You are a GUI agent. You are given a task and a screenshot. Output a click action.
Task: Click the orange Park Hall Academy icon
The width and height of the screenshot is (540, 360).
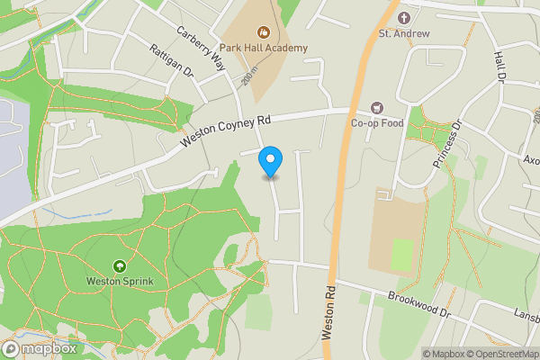pos(263,33)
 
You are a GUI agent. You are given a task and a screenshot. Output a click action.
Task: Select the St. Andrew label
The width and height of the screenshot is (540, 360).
pos(404,33)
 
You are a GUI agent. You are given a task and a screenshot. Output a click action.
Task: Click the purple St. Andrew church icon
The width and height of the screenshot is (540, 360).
pos(404,18)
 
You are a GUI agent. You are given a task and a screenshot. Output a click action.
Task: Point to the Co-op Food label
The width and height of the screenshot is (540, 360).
pos(377,122)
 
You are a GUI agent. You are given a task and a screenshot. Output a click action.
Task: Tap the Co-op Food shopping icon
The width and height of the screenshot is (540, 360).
pos(376,108)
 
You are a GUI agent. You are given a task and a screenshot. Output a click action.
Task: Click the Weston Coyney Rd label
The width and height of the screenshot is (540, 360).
pos(226,131)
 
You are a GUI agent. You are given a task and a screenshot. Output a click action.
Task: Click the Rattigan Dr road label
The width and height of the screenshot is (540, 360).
pos(172,64)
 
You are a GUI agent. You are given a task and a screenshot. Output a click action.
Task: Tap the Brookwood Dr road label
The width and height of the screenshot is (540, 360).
pos(419,303)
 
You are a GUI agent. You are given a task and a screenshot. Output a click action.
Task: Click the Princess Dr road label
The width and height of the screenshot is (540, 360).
pos(445,144)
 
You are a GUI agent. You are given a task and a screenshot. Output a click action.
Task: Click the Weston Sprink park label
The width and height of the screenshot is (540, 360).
pos(120,281)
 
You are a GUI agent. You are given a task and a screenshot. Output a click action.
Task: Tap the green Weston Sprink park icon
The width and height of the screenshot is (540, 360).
pos(120,266)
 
